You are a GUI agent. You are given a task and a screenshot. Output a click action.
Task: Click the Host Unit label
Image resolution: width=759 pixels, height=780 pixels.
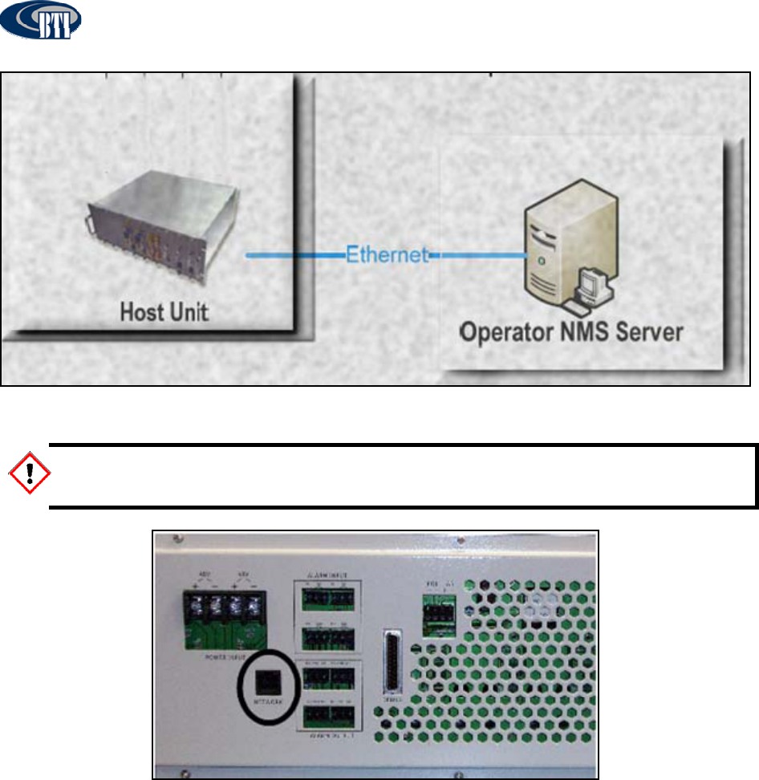[x=164, y=311]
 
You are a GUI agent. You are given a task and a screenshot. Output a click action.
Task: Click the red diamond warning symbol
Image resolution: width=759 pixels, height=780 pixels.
[x=28, y=474]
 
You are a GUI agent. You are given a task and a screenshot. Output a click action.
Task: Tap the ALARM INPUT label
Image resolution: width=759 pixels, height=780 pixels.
[x=327, y=576]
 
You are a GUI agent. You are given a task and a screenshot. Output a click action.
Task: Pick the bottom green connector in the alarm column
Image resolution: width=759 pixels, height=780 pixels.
[x=328, y=713]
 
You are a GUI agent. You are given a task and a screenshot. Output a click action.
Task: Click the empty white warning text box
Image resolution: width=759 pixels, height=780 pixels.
[x=401, y=476]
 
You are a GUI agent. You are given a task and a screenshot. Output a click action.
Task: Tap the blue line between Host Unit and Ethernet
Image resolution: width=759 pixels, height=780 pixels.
[x=293, y=256]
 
